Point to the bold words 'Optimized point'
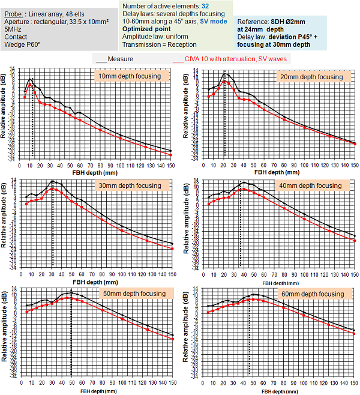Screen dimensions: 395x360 point(147,28)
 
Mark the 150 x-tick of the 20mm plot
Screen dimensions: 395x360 point(354,165)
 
